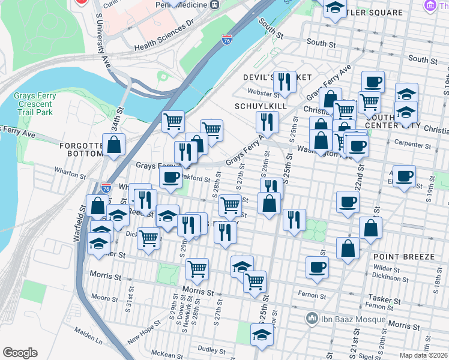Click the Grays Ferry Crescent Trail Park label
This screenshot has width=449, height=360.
pos(35,104)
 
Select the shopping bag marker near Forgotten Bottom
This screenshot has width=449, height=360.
pos(113,145)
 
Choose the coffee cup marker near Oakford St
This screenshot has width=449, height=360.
pos(171,177)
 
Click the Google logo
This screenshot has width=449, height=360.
pos(20,353)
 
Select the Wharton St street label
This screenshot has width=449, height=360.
pos(69,176)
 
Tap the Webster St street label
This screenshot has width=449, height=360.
pos(264,93)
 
